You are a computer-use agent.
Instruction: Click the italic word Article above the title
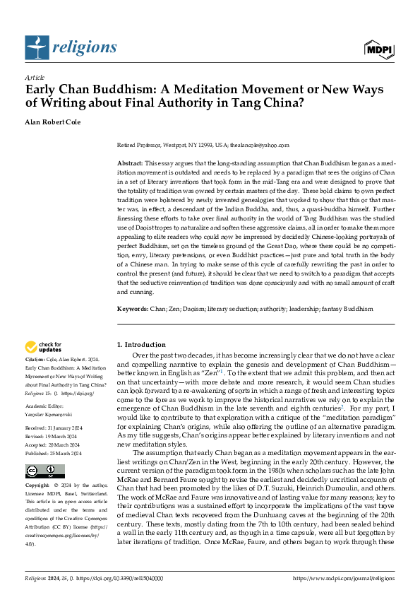click(35, 77)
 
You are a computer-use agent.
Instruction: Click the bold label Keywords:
click(133, 310)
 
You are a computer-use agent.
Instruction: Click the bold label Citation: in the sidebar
click(37, 360)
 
